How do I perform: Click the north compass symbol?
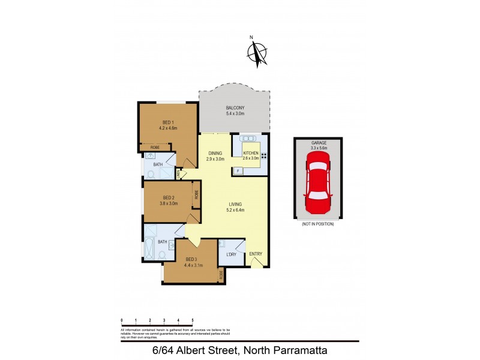tap(257, 52)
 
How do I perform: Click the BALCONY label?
tap(235, 107)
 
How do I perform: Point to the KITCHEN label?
tap(251, 154)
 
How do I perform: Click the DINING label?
tap(215, 154)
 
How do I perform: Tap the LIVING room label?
tap(235, 205)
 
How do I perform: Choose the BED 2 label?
tap(169, 197)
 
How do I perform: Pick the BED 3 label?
tap(191, 259)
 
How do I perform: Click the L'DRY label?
tap(231, 254)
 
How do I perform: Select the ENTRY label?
tap(255, 254)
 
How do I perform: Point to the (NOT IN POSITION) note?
tap(318, 224)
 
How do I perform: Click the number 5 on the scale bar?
tap(192, 321)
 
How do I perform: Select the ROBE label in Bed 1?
tap(155, 147)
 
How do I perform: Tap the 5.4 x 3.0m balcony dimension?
tap(235, 113)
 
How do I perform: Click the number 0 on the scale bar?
tap(122, 321)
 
